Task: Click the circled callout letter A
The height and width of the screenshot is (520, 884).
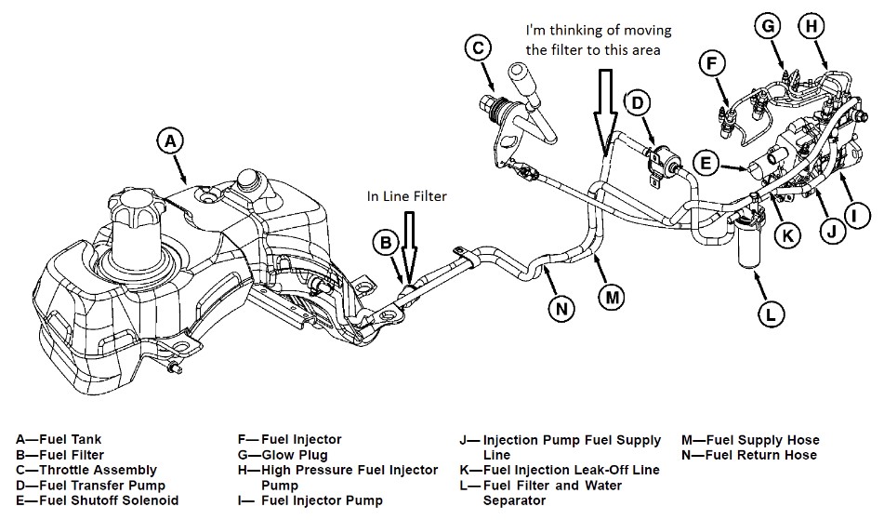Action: pyautogui.click(x=168, y=141)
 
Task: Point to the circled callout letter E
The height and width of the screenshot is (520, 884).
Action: pyautogui.click(x=706, y=165)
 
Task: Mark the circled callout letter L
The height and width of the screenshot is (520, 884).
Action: pyautogui.click(x=769, y=314)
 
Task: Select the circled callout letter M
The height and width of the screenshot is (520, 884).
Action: pyautogui.click(x=611, y=296)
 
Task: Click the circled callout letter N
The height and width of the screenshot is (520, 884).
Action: pyautogui.click(x=559, y=308)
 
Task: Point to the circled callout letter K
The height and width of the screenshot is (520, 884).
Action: pyautogui.click(x=787, y=234)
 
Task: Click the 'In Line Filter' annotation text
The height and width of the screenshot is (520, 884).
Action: pyautogui.click(x=407, y=195)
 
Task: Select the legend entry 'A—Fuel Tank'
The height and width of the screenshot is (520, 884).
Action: pyautogui.click(x=59, y=440)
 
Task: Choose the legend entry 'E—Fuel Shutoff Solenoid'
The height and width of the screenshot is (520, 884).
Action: pyautogui.click(x=98, y=500)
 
